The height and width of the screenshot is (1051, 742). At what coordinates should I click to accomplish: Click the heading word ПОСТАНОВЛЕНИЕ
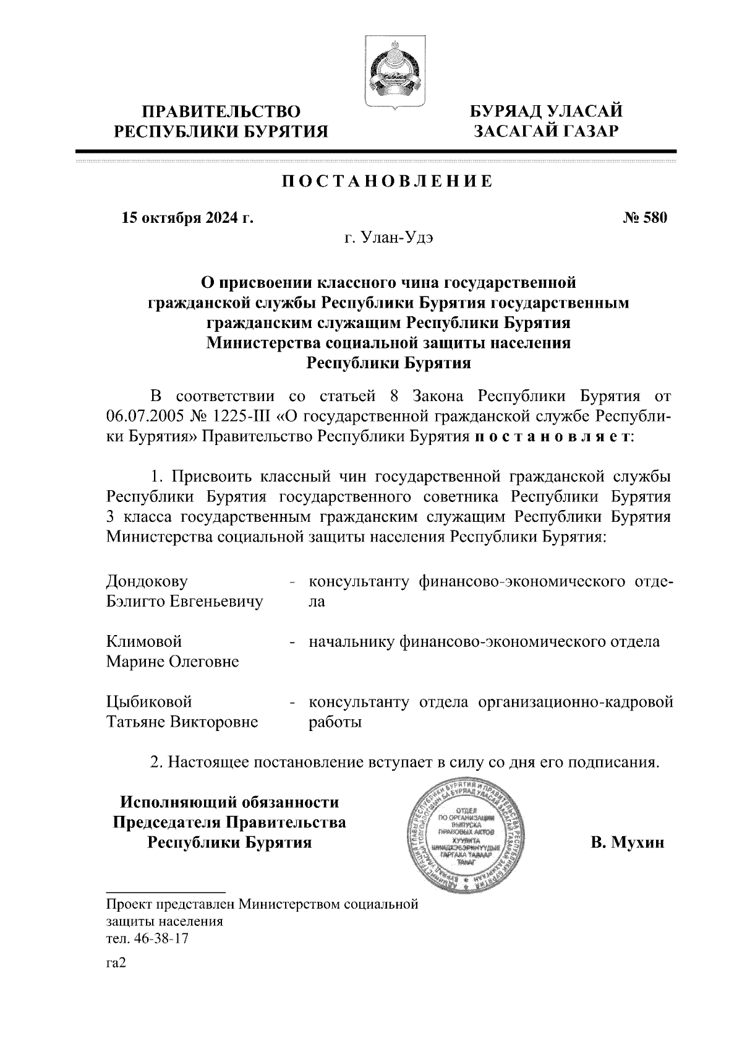(388, 181)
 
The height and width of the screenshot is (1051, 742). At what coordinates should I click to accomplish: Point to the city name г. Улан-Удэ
(389, 238)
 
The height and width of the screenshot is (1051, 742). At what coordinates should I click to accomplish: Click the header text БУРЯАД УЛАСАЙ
(546, 111)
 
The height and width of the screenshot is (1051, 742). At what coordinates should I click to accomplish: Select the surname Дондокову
(147, 582)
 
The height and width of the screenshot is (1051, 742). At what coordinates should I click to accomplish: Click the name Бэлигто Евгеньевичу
(184, 602)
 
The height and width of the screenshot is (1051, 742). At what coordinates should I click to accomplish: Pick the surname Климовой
(144, 642)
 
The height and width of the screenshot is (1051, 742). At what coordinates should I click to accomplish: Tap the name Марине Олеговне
(173, 662)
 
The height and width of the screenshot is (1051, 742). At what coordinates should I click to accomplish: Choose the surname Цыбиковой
(149, 702)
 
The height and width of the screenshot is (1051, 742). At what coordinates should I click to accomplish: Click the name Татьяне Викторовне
(182, 722)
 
